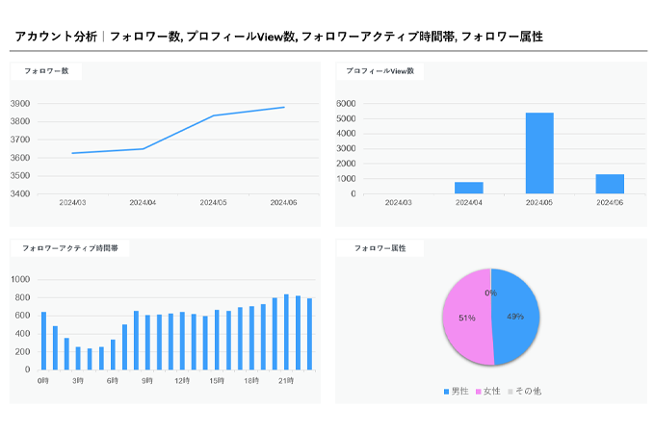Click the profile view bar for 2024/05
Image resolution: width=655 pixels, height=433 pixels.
539,153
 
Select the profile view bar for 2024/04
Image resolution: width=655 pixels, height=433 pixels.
469,188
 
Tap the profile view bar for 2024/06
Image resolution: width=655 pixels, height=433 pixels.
610,184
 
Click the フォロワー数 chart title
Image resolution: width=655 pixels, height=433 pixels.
45,71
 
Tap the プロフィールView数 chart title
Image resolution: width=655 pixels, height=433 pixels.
380,71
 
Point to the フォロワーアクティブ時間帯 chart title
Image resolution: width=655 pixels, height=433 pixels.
70,248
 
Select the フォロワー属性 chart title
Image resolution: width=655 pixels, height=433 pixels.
380,248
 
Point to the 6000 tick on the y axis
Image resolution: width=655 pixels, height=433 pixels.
346,103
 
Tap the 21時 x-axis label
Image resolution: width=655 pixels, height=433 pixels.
286,381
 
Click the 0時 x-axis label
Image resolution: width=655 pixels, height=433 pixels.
42,381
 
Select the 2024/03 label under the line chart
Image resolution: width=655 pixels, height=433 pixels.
72,202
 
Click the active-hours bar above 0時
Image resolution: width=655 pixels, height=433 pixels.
43,341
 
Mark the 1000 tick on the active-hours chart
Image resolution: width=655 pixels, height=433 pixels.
20,280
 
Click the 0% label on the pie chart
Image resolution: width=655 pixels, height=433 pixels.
490,293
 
